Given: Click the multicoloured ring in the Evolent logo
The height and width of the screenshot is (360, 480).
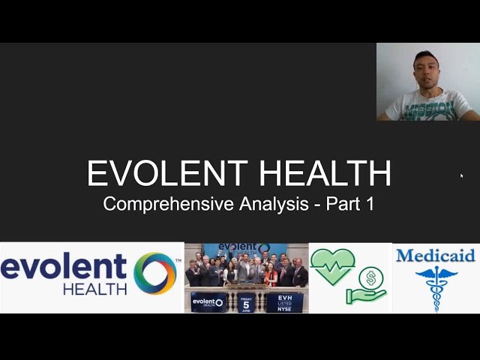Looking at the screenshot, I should click(154, 273).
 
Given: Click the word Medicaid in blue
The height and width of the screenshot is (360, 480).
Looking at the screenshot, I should click(435, 256).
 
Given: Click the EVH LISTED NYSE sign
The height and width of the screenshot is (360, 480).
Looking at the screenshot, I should click(285, 302).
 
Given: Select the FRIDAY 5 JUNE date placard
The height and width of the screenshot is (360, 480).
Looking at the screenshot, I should click(246, 302).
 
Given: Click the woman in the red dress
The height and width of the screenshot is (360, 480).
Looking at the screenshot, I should click(271, 276).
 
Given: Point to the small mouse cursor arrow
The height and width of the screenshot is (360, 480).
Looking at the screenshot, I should click(461, 175).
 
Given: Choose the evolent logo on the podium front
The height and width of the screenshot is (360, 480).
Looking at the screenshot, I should click(208, 302).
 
